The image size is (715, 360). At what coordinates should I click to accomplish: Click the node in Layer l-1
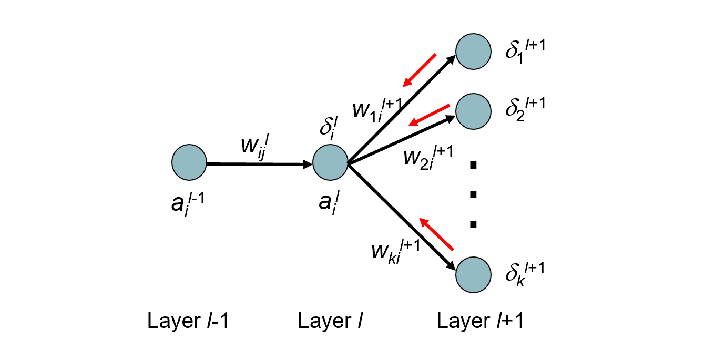189,163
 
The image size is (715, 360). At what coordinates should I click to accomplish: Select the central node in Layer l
330,163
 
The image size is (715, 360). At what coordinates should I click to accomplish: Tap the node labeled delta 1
473,52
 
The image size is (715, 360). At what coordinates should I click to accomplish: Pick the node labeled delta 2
473,110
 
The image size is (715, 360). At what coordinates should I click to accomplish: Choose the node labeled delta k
473,275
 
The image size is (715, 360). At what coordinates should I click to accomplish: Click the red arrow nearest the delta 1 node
420,70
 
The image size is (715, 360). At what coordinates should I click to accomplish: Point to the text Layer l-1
188,321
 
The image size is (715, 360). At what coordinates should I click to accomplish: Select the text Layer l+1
480,321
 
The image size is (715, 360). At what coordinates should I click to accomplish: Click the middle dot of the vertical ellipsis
473,195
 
